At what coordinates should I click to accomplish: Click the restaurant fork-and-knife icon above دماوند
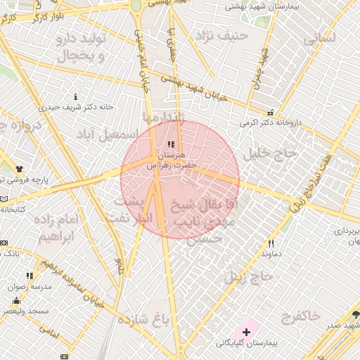click(271, 243)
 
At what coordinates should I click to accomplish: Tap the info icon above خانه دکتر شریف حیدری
click(76, 96)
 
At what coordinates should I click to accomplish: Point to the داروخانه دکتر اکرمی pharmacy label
click(271, 122)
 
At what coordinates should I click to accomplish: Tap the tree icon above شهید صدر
click(356, 314)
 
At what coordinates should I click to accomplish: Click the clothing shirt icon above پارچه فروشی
click(19, 169)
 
